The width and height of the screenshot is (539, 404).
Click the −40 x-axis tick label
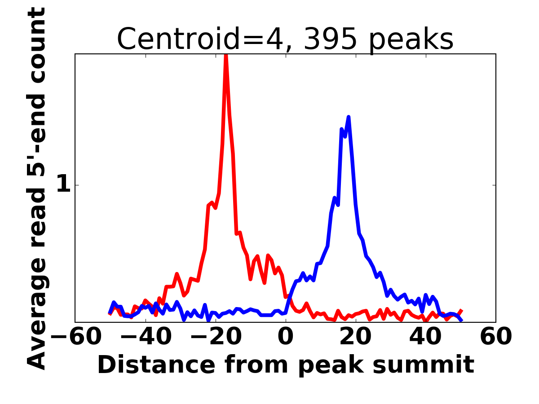click(x=146, y=337)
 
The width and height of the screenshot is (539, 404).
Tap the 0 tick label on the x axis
click(x=286, y=337)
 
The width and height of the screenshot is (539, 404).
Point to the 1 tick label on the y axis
click(x=64, y=185)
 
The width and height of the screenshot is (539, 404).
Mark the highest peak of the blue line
click(x=348, y=118)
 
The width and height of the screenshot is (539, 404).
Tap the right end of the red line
click(x=461, y=311)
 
